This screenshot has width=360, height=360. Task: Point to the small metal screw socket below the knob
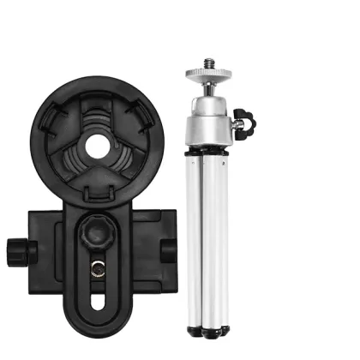97,268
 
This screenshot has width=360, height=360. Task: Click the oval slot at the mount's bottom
97,302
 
